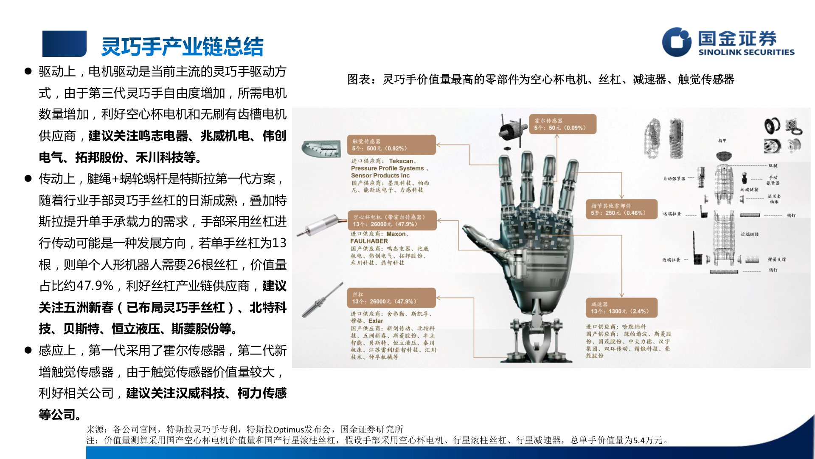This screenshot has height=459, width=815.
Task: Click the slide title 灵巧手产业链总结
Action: click(x=182, y=46)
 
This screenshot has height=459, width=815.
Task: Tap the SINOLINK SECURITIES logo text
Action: click(x=746, y=52)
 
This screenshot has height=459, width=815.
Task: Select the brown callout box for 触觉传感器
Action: click(x=391, y=145)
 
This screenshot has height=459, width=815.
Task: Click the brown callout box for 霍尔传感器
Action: click(x=562, y=124)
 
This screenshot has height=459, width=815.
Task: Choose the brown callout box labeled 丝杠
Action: click(x=391, y=298)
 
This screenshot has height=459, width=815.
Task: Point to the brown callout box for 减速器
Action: click(x=621, y=308)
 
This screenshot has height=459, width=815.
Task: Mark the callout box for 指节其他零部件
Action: click(x=621, y=209)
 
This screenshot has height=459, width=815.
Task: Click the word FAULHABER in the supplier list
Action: click(x=369, y=241)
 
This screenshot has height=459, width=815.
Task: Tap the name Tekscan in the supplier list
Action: click(x=401, y=161)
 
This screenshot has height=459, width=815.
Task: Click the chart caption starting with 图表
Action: click(x=540, y=79)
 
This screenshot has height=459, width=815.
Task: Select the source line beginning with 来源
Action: click(x=244, y=429)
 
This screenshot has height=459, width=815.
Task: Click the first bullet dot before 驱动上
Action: click(x=28, y=71)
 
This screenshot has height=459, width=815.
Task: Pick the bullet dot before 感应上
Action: click(x=28, y=350)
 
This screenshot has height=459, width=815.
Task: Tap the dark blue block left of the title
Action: click(x=64, y=44)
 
